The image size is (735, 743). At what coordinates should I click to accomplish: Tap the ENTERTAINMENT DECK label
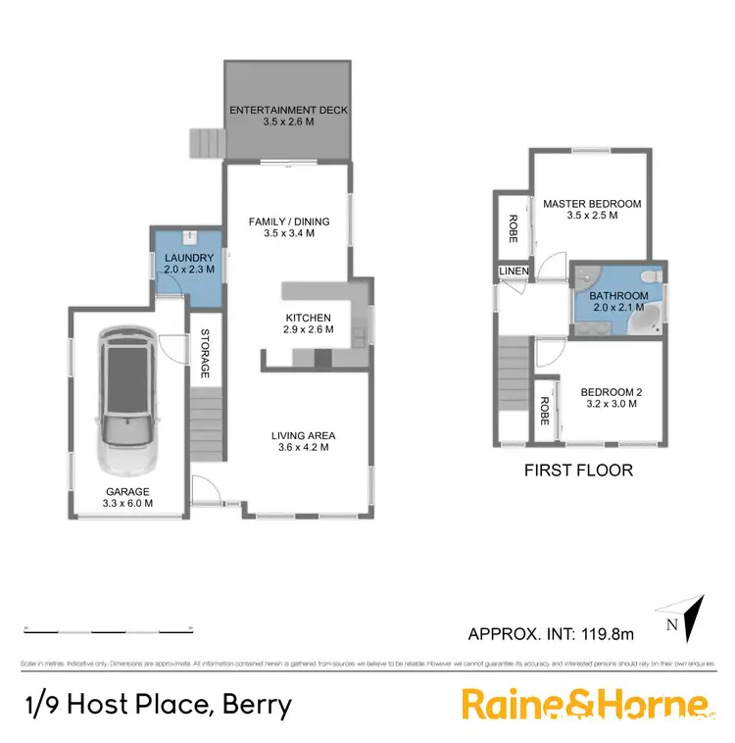(x=288, y=111)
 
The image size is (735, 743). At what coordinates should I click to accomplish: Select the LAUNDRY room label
(x=187, y=258)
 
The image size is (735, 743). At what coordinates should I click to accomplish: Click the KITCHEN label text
(x=309, y=318)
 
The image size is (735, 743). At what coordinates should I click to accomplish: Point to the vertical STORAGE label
(x=205, y=353)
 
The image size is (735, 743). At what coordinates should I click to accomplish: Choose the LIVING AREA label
(x=304, y=435)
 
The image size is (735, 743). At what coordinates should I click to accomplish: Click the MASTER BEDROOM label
(x=592, y=204)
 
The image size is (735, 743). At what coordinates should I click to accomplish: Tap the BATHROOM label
(x=618, y=296)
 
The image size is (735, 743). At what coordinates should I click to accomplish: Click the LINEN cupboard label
(x=513, y=271)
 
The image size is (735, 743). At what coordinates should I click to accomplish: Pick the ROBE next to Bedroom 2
(x=544, y=410)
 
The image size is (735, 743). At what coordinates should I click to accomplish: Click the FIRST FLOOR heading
(x=578, y=470)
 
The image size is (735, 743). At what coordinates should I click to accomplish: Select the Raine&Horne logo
(x=584, y=705)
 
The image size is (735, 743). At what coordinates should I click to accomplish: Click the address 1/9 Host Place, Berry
(x=157, y=705)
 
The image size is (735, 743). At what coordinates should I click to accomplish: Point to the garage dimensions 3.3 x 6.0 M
(x=128, y=504)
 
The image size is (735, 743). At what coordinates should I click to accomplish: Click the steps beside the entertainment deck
(x=207, y=143)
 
